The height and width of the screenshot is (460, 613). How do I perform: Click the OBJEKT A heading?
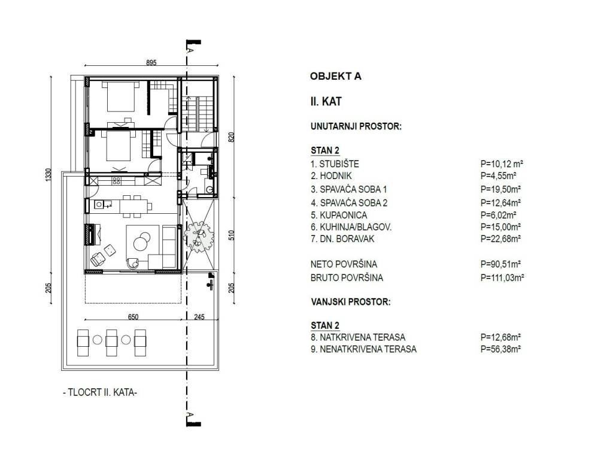click(335, 76)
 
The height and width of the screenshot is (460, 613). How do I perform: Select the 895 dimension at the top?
click(151, 62)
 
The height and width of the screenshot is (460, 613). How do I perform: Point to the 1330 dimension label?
click(48, 174)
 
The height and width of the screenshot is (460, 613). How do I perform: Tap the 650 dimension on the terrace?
click(133, 317)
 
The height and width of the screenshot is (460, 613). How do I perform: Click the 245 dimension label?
click(199, 317)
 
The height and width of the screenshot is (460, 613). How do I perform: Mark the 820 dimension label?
click(231, 137)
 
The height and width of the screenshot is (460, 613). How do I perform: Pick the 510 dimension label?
click(231, 235)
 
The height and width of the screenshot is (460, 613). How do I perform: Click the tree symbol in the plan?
click(199, 237)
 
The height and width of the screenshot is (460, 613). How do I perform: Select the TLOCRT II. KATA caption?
click(100, 392)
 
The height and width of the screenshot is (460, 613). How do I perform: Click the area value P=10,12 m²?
click(502, 164)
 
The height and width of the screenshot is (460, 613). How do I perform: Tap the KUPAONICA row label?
click(339, 215)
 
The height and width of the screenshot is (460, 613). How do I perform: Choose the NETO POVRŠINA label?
click(344, 264)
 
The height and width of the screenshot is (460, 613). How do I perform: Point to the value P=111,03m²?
click(502, 278)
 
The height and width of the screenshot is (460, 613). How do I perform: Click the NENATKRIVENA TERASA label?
click(363, 349)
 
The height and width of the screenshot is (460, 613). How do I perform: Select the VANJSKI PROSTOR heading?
click(351, 302)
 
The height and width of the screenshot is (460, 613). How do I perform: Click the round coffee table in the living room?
click(141, 241)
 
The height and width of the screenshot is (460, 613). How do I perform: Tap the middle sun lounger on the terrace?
click(112, 343)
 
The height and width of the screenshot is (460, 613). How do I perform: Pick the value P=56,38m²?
click(500, 349)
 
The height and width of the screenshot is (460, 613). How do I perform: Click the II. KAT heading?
click(326, 102)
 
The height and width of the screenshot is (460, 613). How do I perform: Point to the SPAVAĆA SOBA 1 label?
click(349, 189)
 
